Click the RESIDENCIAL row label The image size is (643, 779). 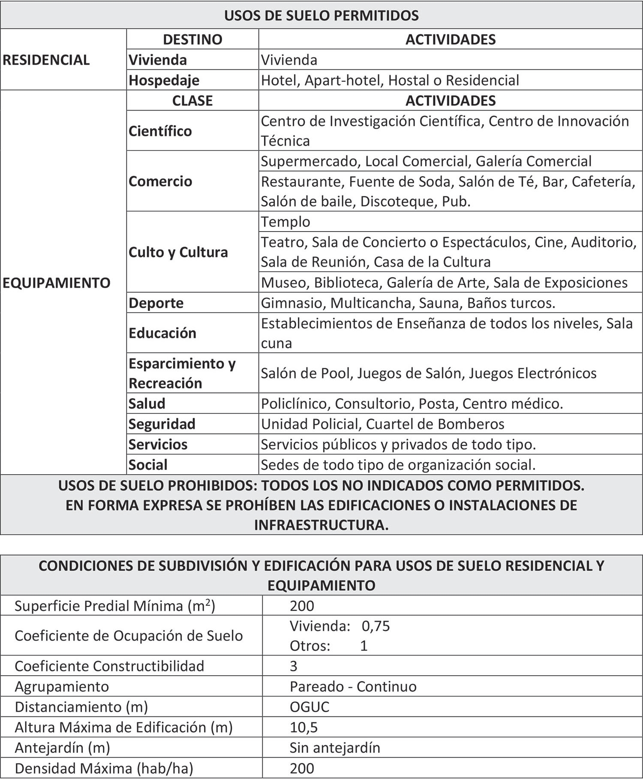tap(46, 60)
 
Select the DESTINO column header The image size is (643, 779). tap(192, 39)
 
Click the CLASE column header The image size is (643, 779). tap(192, 101)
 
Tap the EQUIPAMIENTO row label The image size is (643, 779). tap(57, 283)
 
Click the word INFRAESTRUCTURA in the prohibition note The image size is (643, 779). tap(321, 525)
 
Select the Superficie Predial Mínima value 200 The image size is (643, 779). tap(302, 606)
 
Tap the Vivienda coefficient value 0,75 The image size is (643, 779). tap(376, 626)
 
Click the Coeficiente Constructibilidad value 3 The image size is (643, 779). tap(294, 666)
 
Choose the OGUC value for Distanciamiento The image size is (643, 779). tap(309, 707)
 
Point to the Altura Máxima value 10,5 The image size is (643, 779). tap(303, 728)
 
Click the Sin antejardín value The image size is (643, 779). tap(335, 748)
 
